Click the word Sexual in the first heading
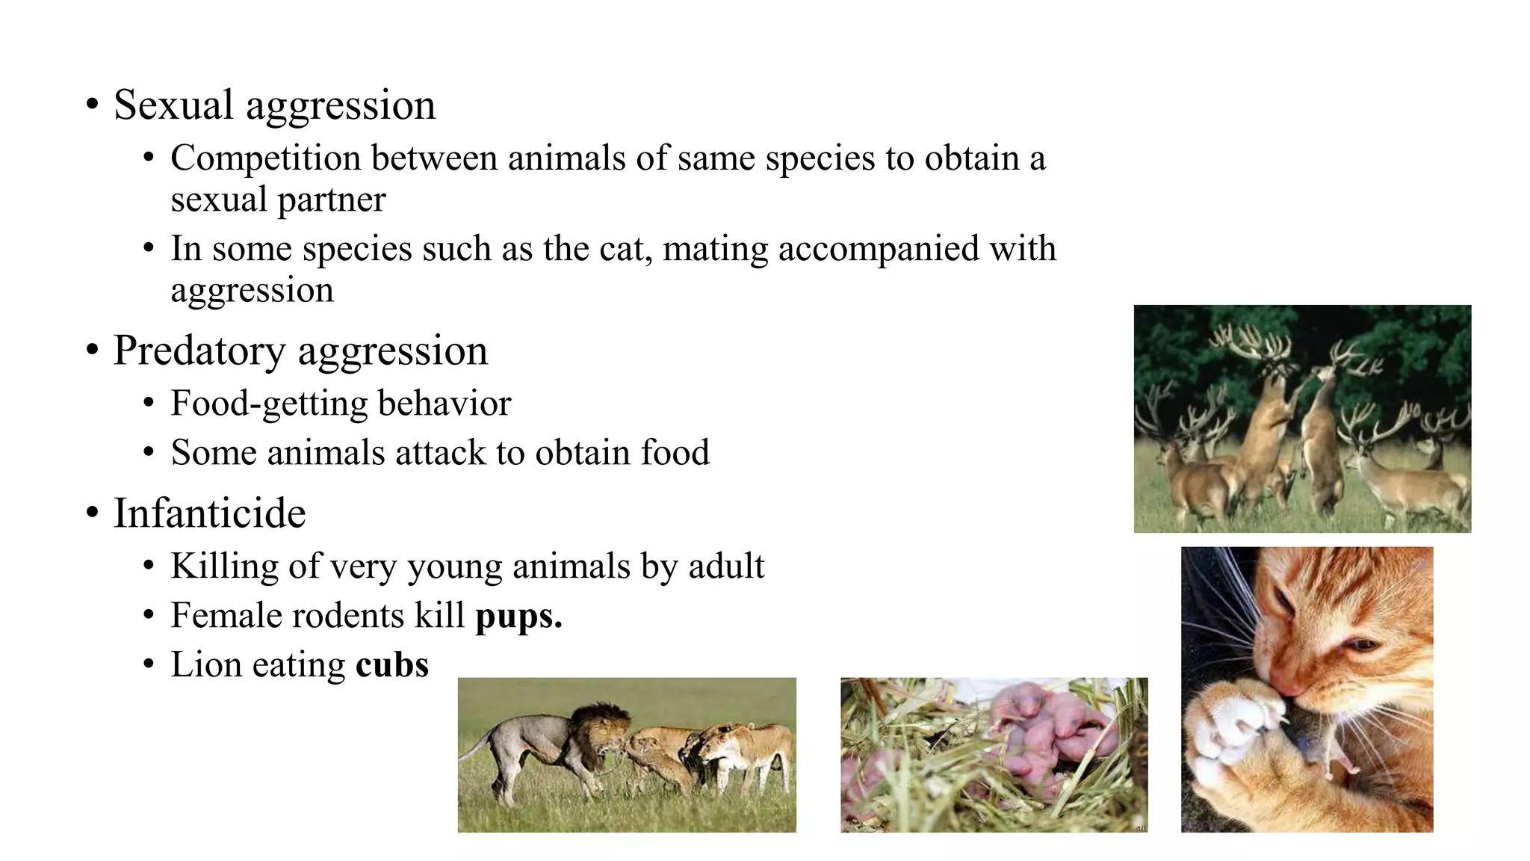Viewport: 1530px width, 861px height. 173,105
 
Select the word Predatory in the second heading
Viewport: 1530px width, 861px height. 199,351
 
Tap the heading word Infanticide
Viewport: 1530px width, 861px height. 210,513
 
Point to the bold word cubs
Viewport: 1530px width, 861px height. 392,665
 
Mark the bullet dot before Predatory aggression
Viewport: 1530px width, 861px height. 92,350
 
